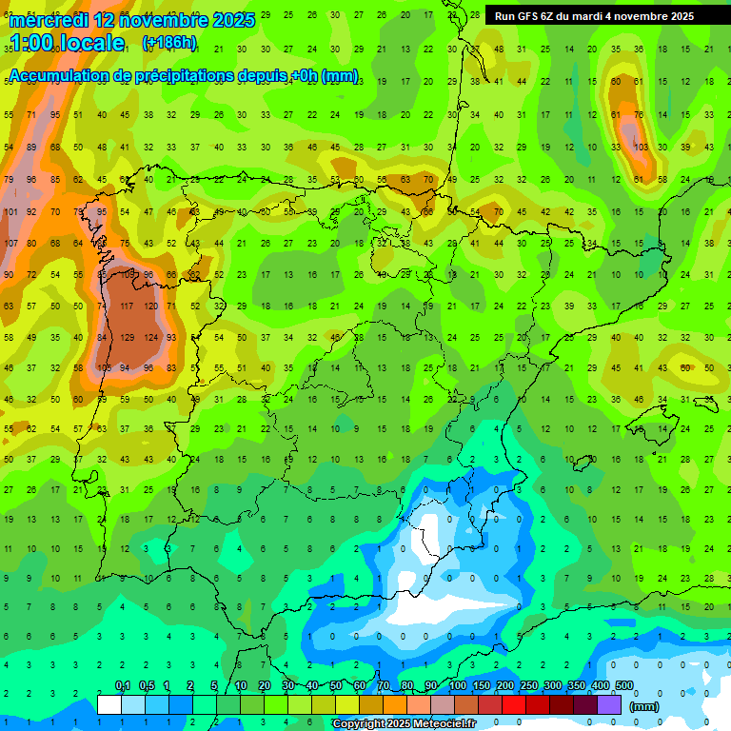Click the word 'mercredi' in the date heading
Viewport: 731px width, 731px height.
48,20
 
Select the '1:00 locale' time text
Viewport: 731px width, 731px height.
67,43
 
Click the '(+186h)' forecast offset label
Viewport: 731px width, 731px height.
168,43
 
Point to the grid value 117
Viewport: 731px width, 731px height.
125,306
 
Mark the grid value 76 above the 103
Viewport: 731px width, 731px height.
640,115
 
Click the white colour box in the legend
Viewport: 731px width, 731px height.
109,705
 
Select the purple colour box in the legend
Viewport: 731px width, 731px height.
610,705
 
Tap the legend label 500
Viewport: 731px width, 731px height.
624,686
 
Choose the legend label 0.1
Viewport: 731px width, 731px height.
123,686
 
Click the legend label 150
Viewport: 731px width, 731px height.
482,686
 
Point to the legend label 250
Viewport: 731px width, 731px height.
529,686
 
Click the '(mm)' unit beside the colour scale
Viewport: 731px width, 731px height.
644,706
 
